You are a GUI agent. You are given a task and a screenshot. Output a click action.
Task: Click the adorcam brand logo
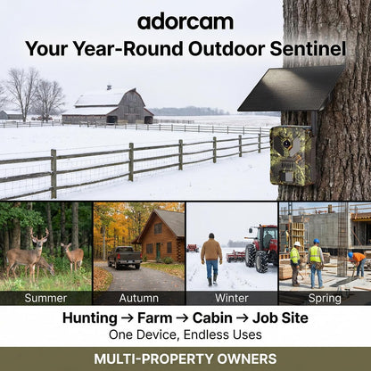[x=185, y=22]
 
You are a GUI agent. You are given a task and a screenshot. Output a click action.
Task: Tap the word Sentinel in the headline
[x=308, y=49]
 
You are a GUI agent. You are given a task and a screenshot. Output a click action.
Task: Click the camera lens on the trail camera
[x=287, y=144]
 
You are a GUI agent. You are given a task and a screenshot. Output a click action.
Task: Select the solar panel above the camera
[x=292, y=88]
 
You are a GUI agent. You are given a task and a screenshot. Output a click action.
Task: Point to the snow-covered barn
[x=108, y=106]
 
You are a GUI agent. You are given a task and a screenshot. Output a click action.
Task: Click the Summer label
[x=45, y=298]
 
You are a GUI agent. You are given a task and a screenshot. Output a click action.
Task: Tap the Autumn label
[x=139, y=298]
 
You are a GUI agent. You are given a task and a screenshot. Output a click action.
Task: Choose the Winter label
[x=232, y=298]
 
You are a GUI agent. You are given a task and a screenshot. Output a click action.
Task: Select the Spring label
[x=325, y=298]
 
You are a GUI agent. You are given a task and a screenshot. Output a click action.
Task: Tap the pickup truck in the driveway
[x=125, y=258]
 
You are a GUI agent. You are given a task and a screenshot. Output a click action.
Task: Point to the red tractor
[x=261, y=248]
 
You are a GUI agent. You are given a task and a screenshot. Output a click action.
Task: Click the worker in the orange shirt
[x=358, y=263]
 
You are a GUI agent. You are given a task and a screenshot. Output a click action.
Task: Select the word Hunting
[x=90, y=318]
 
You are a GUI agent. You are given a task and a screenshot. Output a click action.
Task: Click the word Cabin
[x=212, y=317]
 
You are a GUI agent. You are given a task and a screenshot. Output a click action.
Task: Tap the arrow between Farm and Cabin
[x=182, y=318]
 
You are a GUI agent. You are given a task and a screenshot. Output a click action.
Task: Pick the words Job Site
[x=280, y=317]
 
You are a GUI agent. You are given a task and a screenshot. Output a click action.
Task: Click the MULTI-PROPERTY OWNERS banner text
[x=185, y=359]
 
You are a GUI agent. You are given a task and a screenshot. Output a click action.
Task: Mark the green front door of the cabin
[x=158, y=250]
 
